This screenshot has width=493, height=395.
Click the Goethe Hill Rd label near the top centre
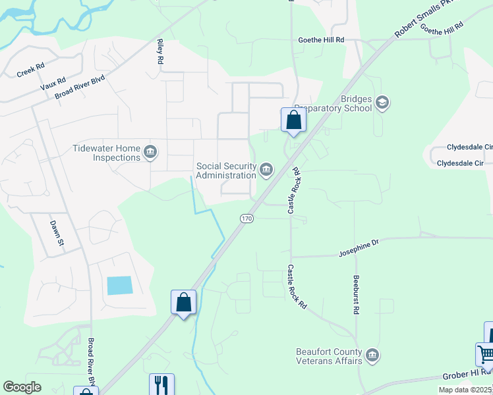tap(321, 40)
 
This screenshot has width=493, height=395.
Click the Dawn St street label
tap(56, 234)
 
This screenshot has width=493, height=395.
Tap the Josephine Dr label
tap(359, 248)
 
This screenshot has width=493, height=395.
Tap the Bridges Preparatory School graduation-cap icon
tap(382, 102)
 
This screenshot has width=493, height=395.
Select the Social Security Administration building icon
tap(266, 170)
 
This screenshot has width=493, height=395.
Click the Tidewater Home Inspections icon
tap(150, 153)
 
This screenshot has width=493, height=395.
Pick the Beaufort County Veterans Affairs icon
tap(372, 355)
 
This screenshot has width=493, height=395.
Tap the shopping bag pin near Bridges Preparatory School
tap(293, 120)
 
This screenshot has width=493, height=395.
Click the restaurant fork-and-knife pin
tap(161, 384)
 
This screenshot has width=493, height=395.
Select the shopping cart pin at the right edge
tap(484, 354)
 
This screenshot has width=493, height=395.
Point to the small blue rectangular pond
tap(119, 285)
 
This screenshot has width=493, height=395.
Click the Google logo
tap(22, 387)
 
